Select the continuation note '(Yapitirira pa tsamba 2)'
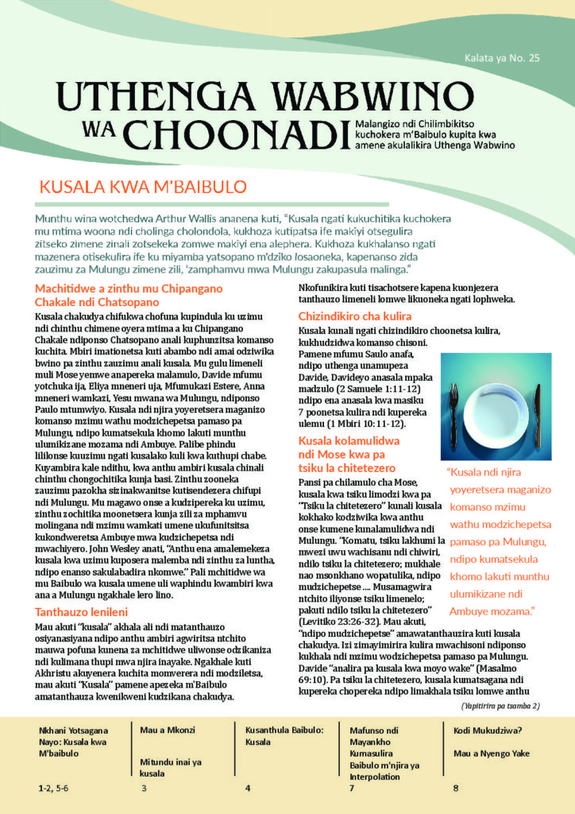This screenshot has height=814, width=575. point(500,705)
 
